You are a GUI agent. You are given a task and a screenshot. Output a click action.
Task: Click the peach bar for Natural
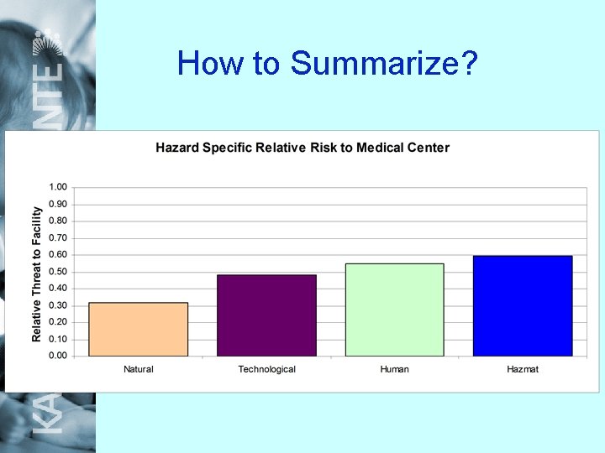tap(138, 329)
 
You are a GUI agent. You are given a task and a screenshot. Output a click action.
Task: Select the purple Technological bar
tap(266, 315)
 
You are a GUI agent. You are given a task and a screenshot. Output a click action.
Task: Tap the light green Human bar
tap(394, 310)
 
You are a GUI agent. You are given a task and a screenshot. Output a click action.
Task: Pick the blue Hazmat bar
tap(523, 305)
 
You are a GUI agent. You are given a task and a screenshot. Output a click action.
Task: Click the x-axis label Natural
tap(138, 369)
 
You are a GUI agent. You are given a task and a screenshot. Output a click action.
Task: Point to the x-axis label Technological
tap(266, 369)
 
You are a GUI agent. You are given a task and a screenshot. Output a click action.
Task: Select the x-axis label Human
tap(394, 369)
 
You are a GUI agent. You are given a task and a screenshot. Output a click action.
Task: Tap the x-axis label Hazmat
tap(523, 369)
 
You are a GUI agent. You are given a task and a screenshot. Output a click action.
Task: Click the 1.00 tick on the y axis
tap(59, 187)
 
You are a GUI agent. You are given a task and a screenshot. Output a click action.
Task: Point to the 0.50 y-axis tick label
tap(59, 271)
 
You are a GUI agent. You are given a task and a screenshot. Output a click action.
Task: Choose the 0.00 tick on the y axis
tap(59, 356)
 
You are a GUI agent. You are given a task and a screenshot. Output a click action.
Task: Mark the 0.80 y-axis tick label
tap(59, 221)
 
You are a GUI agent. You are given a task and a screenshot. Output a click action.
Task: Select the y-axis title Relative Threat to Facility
tap(37, 274)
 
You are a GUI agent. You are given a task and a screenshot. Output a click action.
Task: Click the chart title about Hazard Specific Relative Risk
tap(302, 148)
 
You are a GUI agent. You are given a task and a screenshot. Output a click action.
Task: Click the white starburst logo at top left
tap(49, 40)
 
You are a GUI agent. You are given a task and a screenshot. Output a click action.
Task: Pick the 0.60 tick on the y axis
tap(59, 254)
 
